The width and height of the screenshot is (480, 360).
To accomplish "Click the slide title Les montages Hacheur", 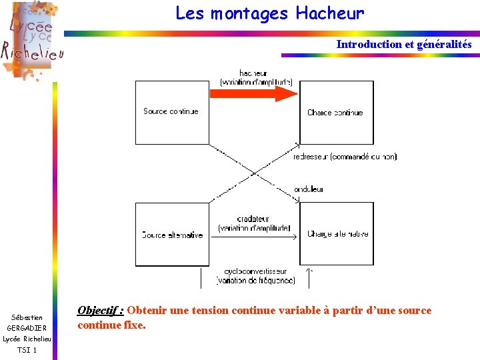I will [x=269, y=13].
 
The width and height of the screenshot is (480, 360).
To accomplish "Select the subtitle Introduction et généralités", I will [x=403, y=45].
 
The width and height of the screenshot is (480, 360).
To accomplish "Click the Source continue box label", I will [x=171, y=111].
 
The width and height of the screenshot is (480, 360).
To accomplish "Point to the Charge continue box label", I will [x=335, y=113].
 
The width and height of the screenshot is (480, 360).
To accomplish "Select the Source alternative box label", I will [x=172, y=235].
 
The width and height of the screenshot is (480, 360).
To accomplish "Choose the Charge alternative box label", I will [x=337, y=234].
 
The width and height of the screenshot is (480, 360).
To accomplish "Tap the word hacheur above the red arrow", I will [x=253, y=73].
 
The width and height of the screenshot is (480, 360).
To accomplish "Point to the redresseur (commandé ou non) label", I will [x=345, y=157].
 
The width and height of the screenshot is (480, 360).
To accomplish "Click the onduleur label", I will [x=309, y=189].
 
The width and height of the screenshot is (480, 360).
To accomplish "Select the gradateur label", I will [x=253, y=219].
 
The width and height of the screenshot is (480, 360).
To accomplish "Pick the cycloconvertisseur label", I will [x=255, y=271].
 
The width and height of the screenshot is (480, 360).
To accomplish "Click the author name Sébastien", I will [x=27, y=317].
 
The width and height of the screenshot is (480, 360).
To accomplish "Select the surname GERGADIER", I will [x=27, y=328].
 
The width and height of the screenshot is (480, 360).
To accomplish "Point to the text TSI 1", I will [x=27, y=349].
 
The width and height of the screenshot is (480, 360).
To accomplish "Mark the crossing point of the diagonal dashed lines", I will [x=254, y=173].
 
